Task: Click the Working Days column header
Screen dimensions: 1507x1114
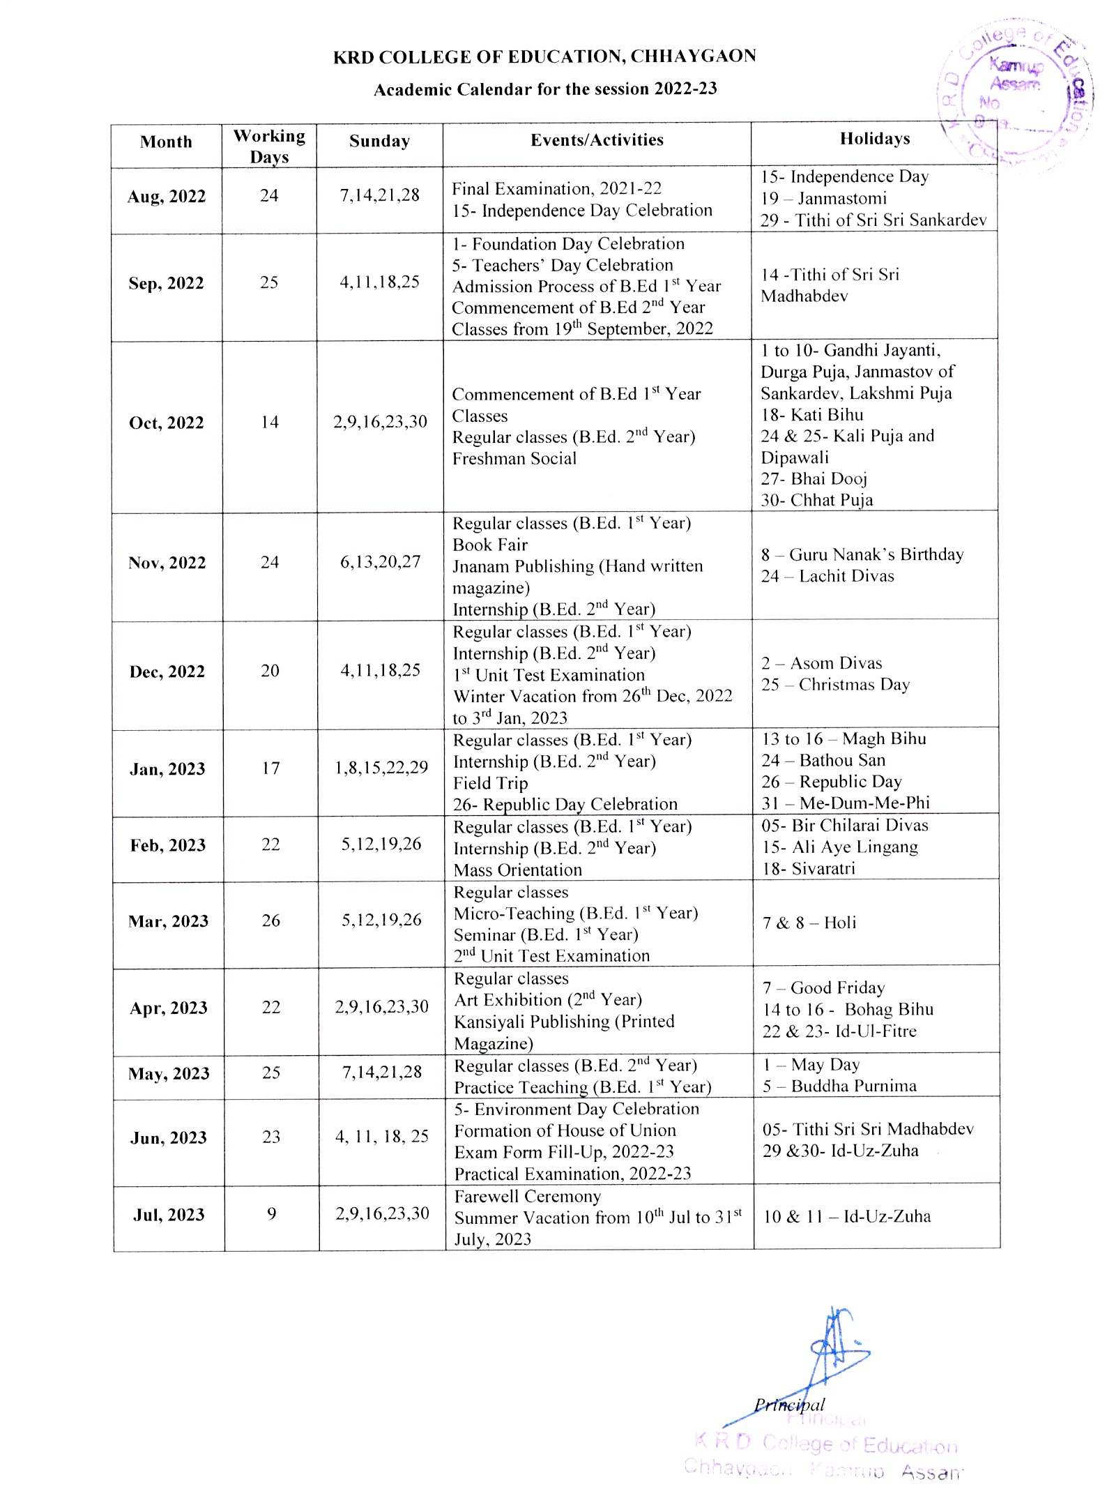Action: click(269, 146)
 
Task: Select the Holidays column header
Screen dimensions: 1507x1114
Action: click(874, 139)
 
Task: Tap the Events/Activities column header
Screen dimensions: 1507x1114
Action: click(597, 140)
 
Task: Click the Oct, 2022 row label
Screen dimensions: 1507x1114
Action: click(167, 423)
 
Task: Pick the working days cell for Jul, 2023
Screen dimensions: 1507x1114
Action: click(272, 1214)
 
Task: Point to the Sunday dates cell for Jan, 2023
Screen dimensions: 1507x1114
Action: click(381, 768)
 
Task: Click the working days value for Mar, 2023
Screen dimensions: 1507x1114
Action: click(271, 921)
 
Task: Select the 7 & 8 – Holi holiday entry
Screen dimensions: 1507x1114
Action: click(809, 923)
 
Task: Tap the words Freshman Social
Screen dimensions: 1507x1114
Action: click(514, 459)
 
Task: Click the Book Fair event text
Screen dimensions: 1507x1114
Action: click(490, 545)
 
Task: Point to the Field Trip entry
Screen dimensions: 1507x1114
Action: click(491, 783)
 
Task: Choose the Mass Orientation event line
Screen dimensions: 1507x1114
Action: click(518, 870)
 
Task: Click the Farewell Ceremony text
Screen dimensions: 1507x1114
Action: click(528, 1196)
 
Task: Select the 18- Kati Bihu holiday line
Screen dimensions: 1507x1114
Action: click(812, 415)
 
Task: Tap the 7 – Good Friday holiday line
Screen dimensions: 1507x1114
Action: click(824, 987)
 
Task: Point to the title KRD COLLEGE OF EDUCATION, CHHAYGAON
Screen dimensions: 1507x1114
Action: click(544, 56)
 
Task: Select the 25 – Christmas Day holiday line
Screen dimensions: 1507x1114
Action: click(835, 685)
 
